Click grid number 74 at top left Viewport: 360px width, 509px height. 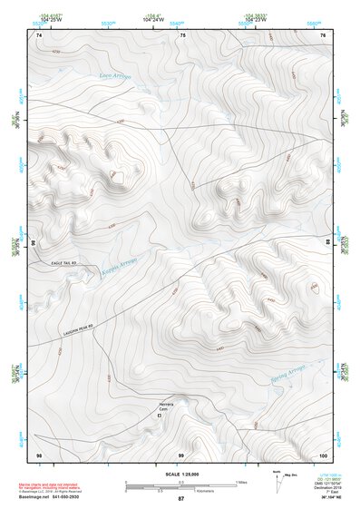point(39,35)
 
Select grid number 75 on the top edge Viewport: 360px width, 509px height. point(182,35)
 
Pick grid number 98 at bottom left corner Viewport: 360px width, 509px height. point(39,453)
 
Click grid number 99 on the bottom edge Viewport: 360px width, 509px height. point(180,453)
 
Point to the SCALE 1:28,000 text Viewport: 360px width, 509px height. point(180,474)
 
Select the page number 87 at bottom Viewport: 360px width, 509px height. point(180,499)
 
